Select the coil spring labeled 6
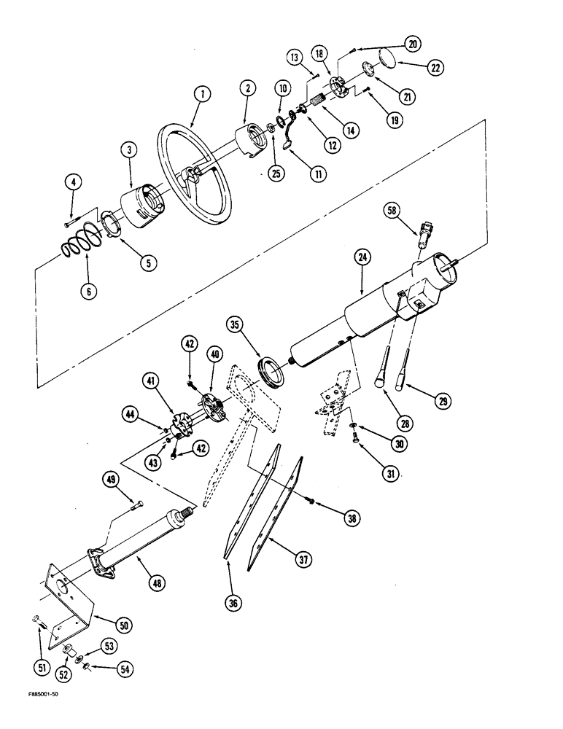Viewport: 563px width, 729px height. tap(79, 247)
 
